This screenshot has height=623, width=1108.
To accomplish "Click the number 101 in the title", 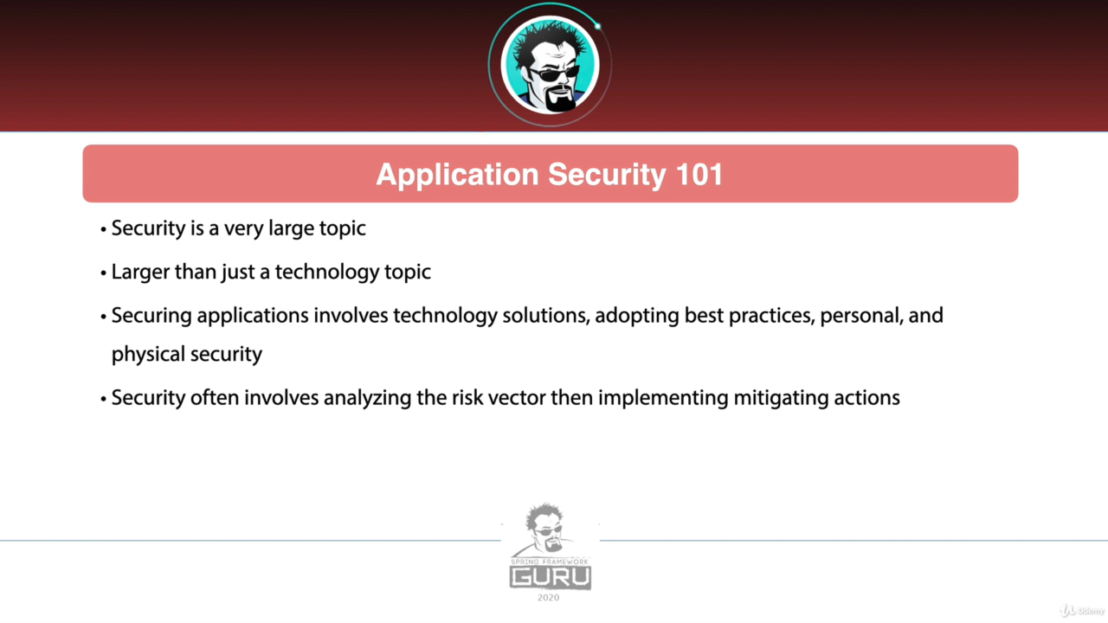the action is coord(699,175).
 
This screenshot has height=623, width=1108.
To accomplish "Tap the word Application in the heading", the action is coord(457,176).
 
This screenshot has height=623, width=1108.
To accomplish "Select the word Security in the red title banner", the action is coord(607,176).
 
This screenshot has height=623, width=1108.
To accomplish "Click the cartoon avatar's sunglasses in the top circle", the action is coord(553,74).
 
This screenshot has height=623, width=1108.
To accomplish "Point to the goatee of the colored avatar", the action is coord(560,100).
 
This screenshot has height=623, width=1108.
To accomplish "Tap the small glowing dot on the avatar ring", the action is coord(597,26).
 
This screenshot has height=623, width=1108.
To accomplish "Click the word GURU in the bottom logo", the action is coord(550,577).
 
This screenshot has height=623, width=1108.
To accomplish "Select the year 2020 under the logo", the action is coord(549,598).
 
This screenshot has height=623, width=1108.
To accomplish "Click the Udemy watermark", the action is coord(1082,611).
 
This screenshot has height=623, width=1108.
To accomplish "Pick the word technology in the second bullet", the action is coord(327,273).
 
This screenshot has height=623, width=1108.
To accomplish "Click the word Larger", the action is coord(140,273).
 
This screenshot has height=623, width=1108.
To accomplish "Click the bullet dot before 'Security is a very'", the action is coord(103,230).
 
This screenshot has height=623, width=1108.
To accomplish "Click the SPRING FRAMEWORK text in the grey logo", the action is coord(550,562).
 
